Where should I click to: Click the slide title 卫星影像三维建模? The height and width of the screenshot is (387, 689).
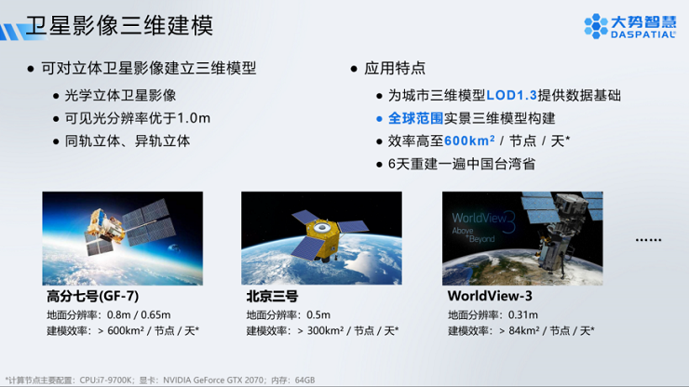119,25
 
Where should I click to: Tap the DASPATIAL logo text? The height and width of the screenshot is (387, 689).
643,34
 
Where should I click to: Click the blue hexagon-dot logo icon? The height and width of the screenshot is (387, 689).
596,26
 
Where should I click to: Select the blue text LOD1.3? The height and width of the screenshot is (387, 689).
511,95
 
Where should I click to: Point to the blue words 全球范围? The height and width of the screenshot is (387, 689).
415,118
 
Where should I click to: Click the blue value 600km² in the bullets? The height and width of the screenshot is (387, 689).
469,140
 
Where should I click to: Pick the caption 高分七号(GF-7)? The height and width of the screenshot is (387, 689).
93,296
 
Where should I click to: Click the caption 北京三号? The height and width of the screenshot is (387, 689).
272,296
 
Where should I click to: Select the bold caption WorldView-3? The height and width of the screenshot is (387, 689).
490,296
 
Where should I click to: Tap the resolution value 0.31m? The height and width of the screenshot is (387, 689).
523,315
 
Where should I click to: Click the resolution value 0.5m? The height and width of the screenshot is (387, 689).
318,315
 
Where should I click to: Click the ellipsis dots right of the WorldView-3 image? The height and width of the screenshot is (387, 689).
648,240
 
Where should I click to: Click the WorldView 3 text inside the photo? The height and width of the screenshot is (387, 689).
483,221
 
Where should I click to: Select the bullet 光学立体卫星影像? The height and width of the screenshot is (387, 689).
120,95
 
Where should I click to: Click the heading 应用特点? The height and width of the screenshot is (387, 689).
395,68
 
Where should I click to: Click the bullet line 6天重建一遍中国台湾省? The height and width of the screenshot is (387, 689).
462,164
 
